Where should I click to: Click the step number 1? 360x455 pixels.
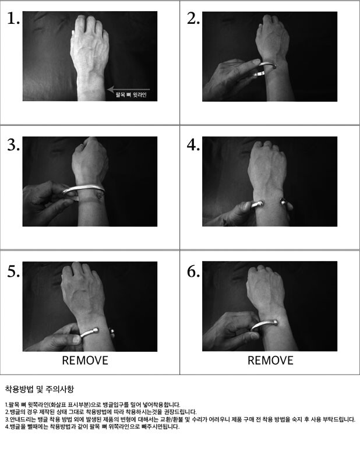point(13,19)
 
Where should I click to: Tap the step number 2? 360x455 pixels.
point(193,19)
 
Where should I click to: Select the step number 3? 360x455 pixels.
point(13,144)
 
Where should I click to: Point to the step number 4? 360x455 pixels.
point(193,144)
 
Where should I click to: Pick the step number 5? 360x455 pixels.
point(13,271)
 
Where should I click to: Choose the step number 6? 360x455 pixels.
point(193,271)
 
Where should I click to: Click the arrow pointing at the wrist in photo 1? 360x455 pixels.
point(129,89)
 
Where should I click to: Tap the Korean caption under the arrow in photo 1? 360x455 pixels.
point(131,95)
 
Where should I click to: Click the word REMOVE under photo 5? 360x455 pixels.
point(85,361)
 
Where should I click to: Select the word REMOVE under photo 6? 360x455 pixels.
point(270,361)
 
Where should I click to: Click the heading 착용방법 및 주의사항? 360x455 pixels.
point(40,389)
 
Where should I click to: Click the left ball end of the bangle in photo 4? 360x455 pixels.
point(260,203)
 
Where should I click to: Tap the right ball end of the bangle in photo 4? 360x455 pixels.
point(283,201)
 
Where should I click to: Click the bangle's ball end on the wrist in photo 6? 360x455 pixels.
point(274,322)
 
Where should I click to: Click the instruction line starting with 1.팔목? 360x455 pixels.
point(93,404)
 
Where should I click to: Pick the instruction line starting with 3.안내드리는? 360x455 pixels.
point(180,419)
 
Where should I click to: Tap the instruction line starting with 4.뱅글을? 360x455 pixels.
point(92,426)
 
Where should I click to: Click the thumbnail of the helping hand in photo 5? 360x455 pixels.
point(76,339)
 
